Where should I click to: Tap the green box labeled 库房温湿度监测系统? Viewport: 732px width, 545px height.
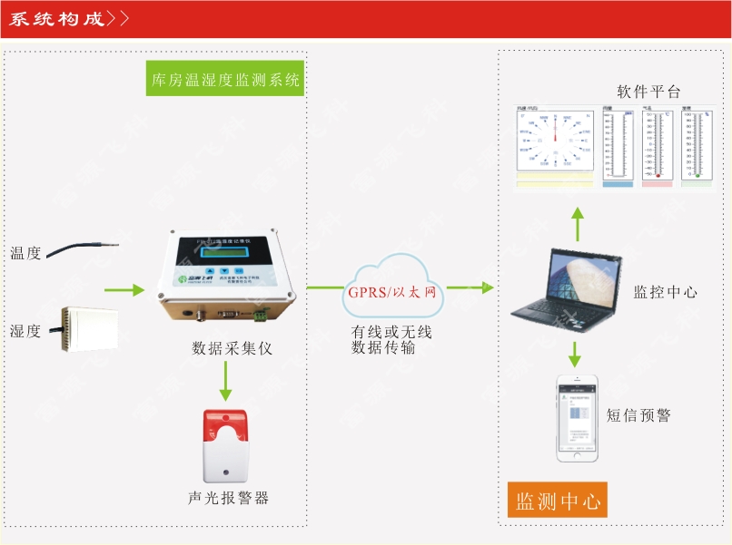click(225, 80)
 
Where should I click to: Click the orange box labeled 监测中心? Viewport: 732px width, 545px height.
click(557, 501)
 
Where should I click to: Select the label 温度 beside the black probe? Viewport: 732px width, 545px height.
click(26, 254)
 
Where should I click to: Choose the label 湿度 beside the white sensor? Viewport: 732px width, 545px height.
click(26, 331)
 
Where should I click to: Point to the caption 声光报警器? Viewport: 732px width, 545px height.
click(228, 498)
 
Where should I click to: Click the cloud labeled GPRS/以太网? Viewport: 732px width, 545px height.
click(392, 289)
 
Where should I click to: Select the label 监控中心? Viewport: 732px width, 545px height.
click(665, 292)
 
